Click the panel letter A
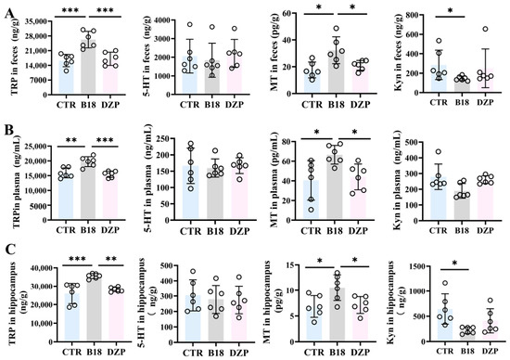point(9,15)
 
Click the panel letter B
point(9,130)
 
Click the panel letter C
point(10,250)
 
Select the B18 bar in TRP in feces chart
point(88,67)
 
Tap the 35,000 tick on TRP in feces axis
point(35,21)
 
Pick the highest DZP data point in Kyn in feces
point(485,29)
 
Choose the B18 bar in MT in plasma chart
point(335,186)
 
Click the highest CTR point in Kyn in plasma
point(438,151)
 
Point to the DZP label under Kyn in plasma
point(485,230)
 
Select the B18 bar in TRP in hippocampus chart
point(94,310)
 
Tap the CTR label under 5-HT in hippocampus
point(193,353)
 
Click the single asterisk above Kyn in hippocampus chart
point(454,263)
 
